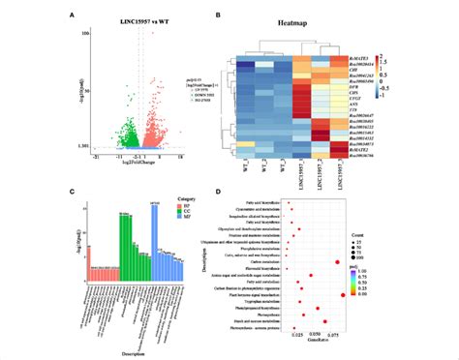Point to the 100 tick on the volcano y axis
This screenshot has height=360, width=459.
point(85,34)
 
